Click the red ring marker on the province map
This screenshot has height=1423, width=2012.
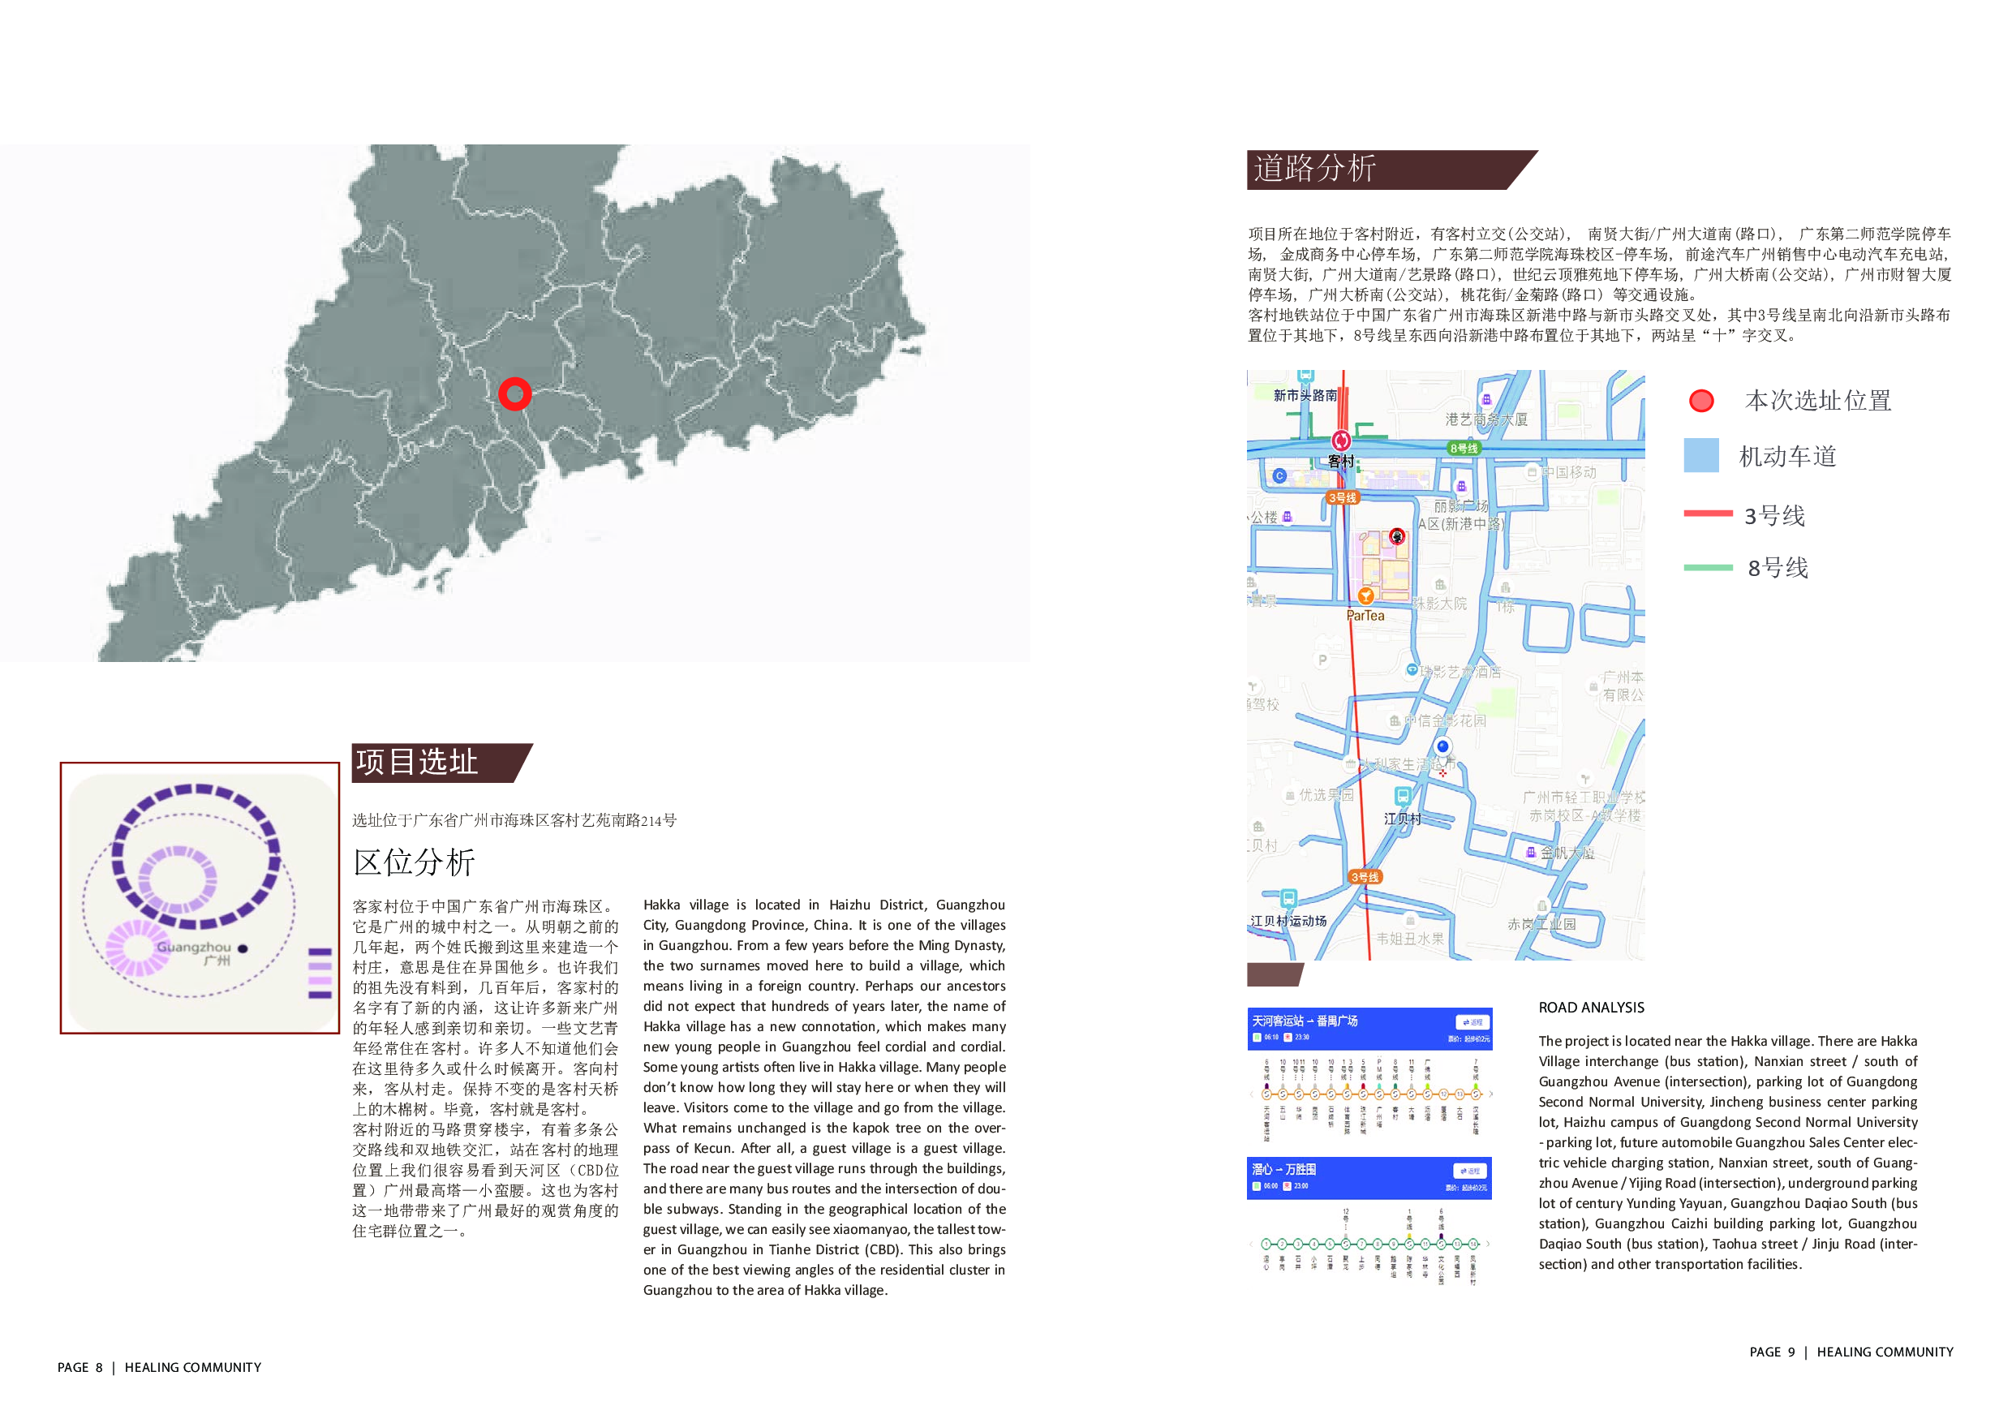tap(514, 393)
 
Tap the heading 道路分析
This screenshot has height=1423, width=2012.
tap(1314, 168)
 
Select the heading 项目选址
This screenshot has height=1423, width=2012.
tap(417, 762)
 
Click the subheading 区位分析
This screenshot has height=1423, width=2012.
tap(414, 862)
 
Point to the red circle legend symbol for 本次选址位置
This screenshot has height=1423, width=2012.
tap(1701, 401)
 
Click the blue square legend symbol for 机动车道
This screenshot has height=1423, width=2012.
tap(1701, 456)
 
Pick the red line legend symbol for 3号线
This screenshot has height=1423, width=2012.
tap(1708, 514)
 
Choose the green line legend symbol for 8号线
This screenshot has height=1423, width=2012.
tap(1708, 567)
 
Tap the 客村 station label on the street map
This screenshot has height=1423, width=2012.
tap(1341, 461)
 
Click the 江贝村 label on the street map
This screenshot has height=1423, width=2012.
tap(1402, 819)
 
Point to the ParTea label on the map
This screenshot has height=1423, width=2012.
tap(1365, 616)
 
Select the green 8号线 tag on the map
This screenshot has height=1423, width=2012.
tap(1464, 448)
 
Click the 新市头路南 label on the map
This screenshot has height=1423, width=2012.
tap(1305, 395)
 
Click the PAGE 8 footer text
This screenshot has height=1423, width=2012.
tap(80, 1367)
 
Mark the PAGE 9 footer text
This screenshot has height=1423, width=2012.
tap(1771, 1352)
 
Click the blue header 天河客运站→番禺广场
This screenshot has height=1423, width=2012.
tap(1305, 1021)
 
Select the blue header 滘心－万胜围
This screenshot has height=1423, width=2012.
tap(1283, 1169)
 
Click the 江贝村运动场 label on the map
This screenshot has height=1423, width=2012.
tap(1288, 921)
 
